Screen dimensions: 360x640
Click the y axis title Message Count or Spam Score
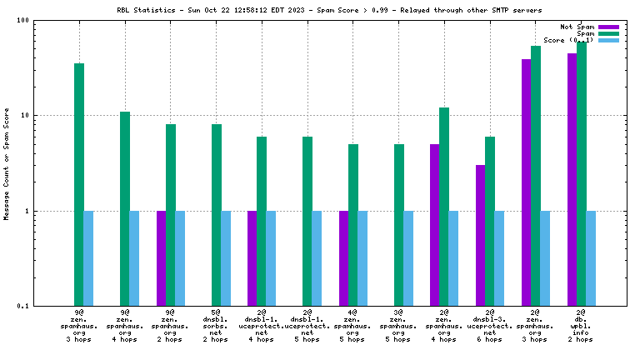pyautogui.click(x=7, y=163)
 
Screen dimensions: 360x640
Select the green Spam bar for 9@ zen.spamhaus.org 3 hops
pyautogui.click(x=79, y=184)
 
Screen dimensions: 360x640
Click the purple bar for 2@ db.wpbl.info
pyautogui.click(x=572, y=179)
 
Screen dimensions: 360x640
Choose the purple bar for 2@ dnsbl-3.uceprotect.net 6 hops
pyautogui.click(x=481, y=235)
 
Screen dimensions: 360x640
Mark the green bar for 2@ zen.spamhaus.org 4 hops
pyautogui.click(x=444, y=207)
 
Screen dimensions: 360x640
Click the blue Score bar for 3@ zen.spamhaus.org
pyautogui.click(x=408, y=258)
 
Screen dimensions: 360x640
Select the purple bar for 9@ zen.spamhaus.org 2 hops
pyautogui.click(x=162, y=258)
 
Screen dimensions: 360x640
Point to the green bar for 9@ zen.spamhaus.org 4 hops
pyautogui.click(x=125, y=208)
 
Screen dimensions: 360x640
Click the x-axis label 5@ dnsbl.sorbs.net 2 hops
pyautogui.click(x=216, y=326)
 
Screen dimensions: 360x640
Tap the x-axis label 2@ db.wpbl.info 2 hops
pyautogui.click(x=581, y=326)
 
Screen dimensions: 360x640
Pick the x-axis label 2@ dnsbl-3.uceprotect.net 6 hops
pyautogui.click(x=490, y=326)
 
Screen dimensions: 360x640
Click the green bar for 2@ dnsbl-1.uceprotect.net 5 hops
pyautogui.click(x=307, y=221)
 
